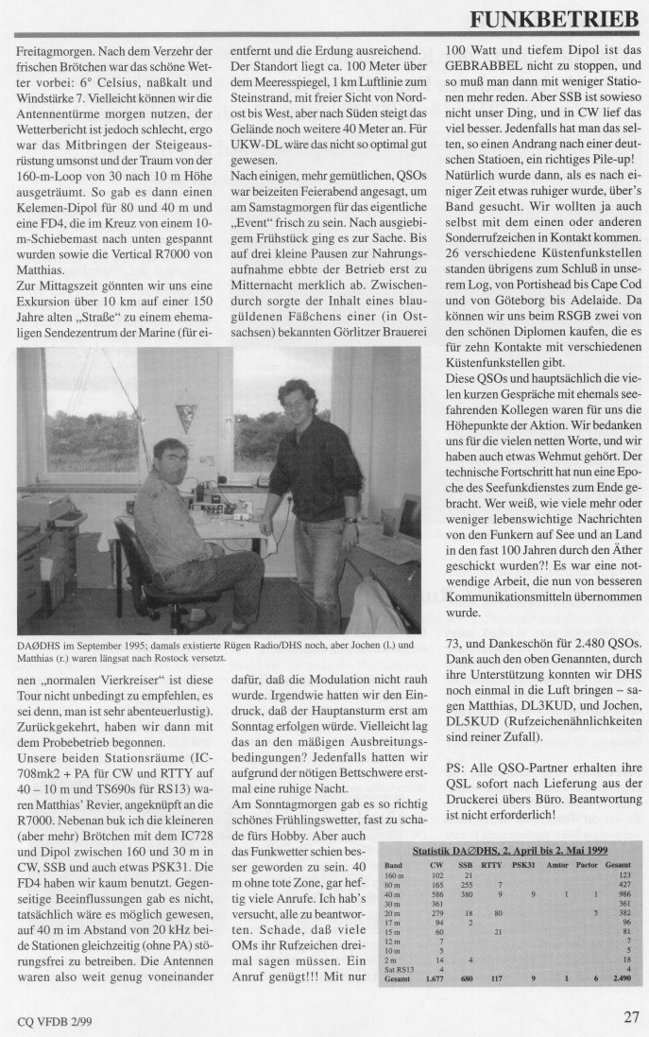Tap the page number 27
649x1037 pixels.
tap(631, 1017)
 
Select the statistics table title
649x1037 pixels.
tap(508, 851)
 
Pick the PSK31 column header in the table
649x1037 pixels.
tap(524, 864)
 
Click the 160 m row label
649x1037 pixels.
tap(394, 874)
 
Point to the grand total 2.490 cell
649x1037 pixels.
tap(620, 979)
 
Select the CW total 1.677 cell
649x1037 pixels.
tap(434, 979)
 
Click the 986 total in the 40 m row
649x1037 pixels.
tap(623, 893)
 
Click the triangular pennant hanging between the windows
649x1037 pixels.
tap(185, 417)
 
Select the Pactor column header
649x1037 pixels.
tap(591, 864)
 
